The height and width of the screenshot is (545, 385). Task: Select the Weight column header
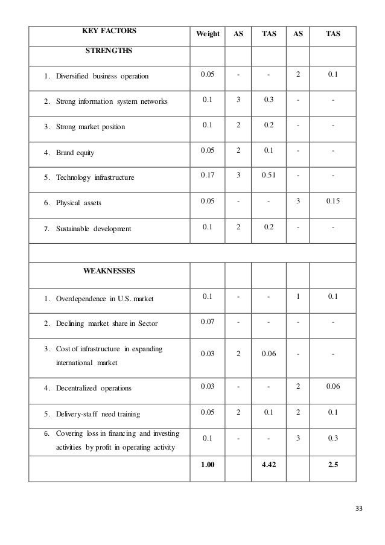pos(208,34)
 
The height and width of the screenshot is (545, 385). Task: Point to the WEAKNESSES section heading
pos(109,271)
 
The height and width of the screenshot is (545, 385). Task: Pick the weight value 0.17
pos(208,176)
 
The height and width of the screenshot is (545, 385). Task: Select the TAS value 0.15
pos(332,202)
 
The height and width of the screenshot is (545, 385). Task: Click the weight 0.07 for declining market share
pos(208,322)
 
